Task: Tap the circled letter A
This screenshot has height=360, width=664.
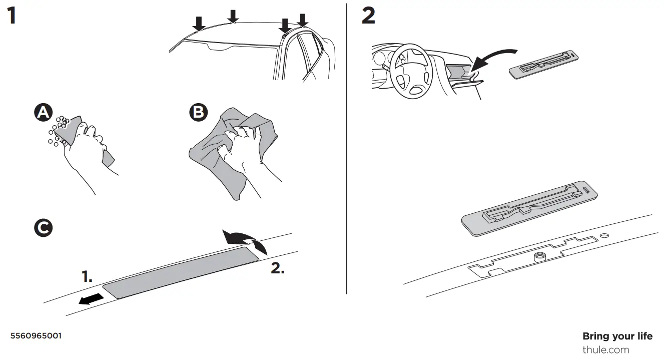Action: click(43, 113)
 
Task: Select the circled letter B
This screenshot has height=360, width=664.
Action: click(198, 113)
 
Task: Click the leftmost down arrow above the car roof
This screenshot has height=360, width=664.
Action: click(199, 23)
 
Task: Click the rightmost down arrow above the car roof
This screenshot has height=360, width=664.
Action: click(302, 21)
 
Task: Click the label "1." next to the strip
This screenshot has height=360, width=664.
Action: click(87, 276)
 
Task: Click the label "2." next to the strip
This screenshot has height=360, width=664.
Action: click(278, 268)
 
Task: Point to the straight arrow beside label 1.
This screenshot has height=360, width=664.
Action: click(91, 299)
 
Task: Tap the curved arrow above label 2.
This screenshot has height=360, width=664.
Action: click(245, 239)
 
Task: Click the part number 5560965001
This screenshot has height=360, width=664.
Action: click(36, 335)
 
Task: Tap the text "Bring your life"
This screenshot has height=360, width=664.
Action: click(617, 336)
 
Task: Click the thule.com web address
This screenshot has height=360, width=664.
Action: click(605, 349)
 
